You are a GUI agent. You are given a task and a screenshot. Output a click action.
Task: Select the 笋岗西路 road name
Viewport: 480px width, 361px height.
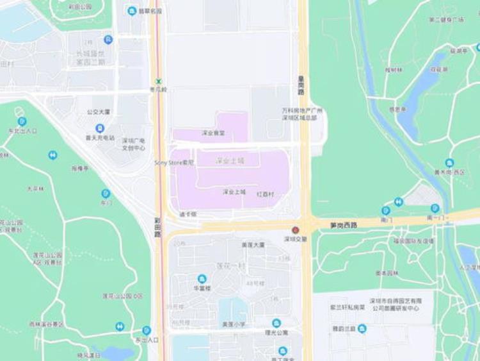[344, 225]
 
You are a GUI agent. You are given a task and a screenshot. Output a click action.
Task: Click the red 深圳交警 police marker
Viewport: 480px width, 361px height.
[296, 230]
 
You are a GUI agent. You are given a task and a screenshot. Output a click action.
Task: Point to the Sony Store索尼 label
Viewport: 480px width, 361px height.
[173, 163]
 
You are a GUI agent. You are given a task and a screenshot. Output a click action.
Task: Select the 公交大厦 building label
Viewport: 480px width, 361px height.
[99, 112]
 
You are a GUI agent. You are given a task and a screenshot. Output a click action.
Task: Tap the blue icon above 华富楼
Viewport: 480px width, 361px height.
[202, 278]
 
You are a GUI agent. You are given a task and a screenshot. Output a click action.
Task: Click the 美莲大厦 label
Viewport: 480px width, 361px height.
[253, 244]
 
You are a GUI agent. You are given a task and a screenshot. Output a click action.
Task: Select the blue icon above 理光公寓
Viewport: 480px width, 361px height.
[276, 323]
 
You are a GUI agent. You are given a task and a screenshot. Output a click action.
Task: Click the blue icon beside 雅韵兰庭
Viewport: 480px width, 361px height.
[362, 328]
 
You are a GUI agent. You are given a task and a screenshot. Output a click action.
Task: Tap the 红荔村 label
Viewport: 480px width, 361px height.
[265, 194]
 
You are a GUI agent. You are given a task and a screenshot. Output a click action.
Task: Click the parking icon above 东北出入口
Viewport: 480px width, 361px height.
[22, 121]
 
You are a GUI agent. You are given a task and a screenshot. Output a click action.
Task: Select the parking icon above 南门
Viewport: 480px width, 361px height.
[386, 210]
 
